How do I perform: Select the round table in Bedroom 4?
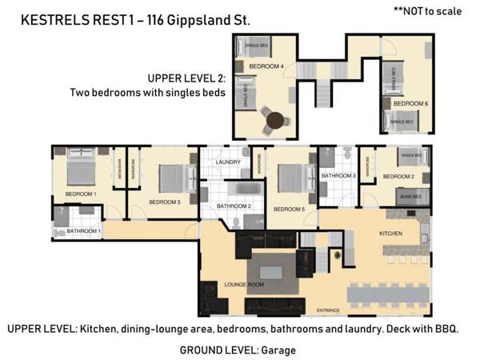coord(276,121)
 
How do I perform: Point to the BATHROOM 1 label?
coord(83,231)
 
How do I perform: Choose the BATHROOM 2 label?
coord(234,206)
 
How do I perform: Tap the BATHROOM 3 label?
coord(338,176)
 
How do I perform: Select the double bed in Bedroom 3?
coord(173,177)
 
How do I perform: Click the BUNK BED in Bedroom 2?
coord(413,194)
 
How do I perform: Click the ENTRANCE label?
coord(329,310)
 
